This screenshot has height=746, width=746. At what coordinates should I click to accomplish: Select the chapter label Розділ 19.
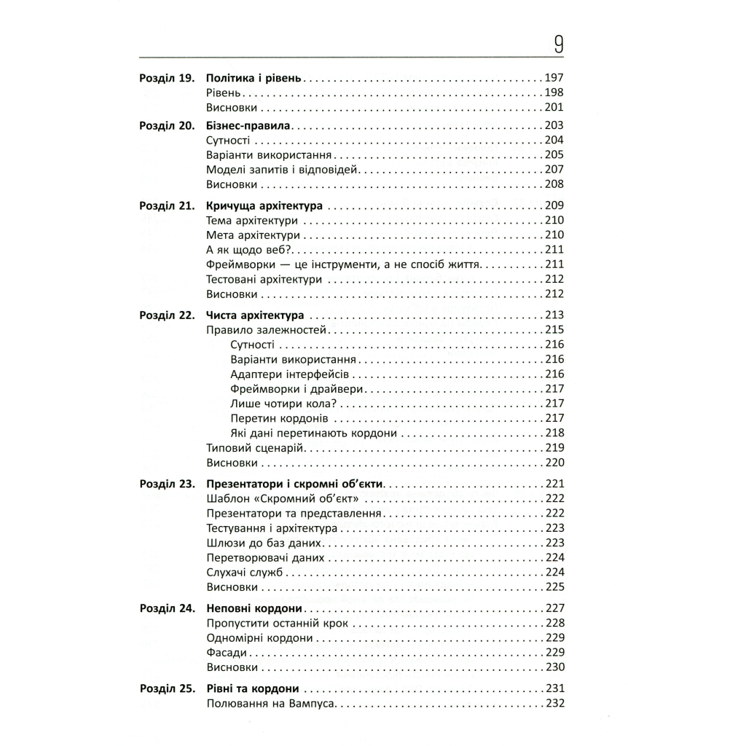pyautogui.click(x=166, y=78)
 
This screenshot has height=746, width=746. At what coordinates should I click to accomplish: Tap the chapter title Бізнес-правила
pyautogui.click(x=248, y=125)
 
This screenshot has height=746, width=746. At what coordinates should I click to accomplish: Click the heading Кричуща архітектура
pyautogui.click(x=264, y=206)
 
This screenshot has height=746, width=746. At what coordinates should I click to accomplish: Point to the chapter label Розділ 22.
pyautogui.click(x=166, y=315)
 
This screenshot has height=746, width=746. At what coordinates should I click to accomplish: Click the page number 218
pyautogui.click(x=554, y=433)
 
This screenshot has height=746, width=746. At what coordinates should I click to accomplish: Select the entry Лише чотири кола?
pyautogui.click(x=286, y=404)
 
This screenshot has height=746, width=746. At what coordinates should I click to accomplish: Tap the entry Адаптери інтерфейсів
pyautogui.click(x=290, y=374)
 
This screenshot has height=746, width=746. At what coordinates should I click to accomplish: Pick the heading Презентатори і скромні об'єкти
pyautogui.click(x=295, y=484)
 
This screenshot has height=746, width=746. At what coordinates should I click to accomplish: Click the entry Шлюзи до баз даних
pyautogui.click(x=262, y=543)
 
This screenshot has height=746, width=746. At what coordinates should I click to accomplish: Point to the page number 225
pyautogui.click(x=554, y=586)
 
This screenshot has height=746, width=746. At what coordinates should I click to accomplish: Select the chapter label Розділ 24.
pyautogui.click(x=166, y=608)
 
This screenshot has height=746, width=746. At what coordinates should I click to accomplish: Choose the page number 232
pyautogui.click(x=554, y=704)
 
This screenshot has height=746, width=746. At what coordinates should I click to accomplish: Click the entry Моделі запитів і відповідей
pyautogui.click(x=283, y=169)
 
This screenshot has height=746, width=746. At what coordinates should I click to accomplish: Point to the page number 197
pyautogui.click(x=554, y=78)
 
